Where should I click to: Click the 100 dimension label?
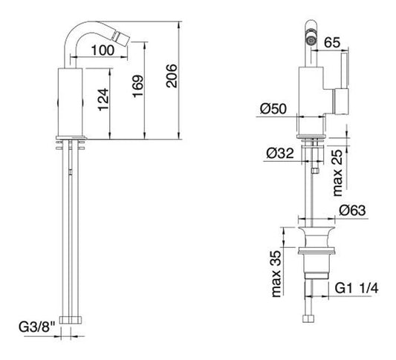tap(103, 50)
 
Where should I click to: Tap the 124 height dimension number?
tap(103, 99)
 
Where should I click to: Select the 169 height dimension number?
tap(138, 86)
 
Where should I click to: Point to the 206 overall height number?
tap(172, 76)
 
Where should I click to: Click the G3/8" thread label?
tap(37, 327)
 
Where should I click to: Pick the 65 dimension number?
tap(332, 42)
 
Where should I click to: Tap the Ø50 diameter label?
tap(273, 108)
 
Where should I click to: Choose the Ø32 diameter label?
tap(280, 153)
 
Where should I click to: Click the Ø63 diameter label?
tap(352, 210)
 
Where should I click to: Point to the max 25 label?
tap(337, 173)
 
